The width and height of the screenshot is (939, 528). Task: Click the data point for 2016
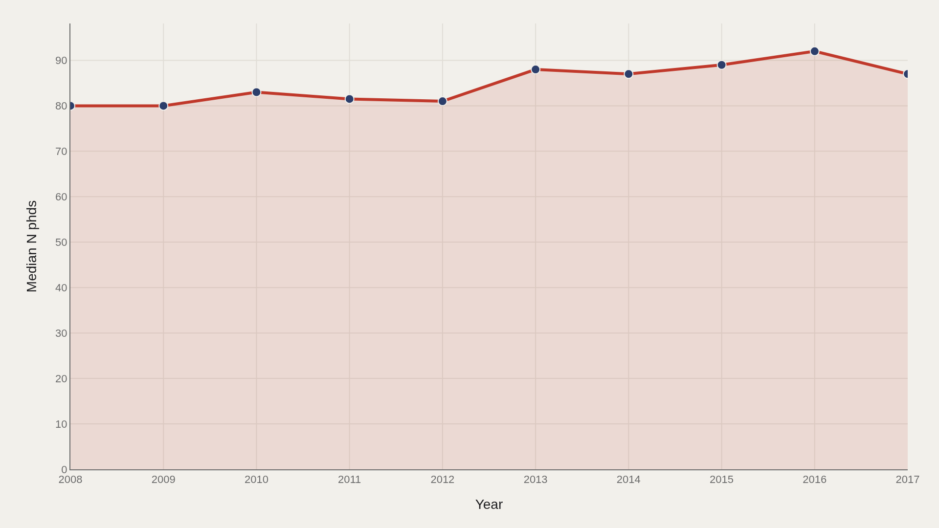click(x=814, y=51)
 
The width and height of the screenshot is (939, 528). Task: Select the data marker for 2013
click(x=536, y=69)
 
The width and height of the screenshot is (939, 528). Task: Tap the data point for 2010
click(x=256, y=92)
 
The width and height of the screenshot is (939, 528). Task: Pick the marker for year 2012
click(x=443, y=101)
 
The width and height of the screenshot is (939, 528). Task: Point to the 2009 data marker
click(x=163, y=106)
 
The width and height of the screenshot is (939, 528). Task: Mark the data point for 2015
click(x=721, y=65)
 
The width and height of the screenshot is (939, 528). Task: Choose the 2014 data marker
click(x=628, y=74)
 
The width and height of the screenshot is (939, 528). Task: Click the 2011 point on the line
click(x=349, y=99)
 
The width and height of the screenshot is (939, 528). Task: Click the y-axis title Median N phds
click(x=32, y=246)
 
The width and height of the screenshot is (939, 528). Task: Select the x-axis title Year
click(x=489, y=505)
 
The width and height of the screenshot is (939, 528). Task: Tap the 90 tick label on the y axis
click(x=61, y=61)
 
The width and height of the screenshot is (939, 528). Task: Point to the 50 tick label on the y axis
click(x=61, y=242)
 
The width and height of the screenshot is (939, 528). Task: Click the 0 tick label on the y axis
click(x=64, y=470)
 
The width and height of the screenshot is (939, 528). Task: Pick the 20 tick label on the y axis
click(x=61, y=379)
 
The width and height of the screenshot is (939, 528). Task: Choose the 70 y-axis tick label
click(x=61, y=152)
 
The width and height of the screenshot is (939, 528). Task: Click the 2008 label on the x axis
click(x=70, y=480)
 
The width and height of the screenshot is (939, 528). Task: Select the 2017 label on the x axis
click(x=908, y=480)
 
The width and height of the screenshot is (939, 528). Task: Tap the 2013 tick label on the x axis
click(x=536, y=480)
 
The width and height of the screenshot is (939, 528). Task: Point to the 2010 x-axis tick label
click(x=256, y=480)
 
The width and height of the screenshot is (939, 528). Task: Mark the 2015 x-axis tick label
click(x=721, y=480)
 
